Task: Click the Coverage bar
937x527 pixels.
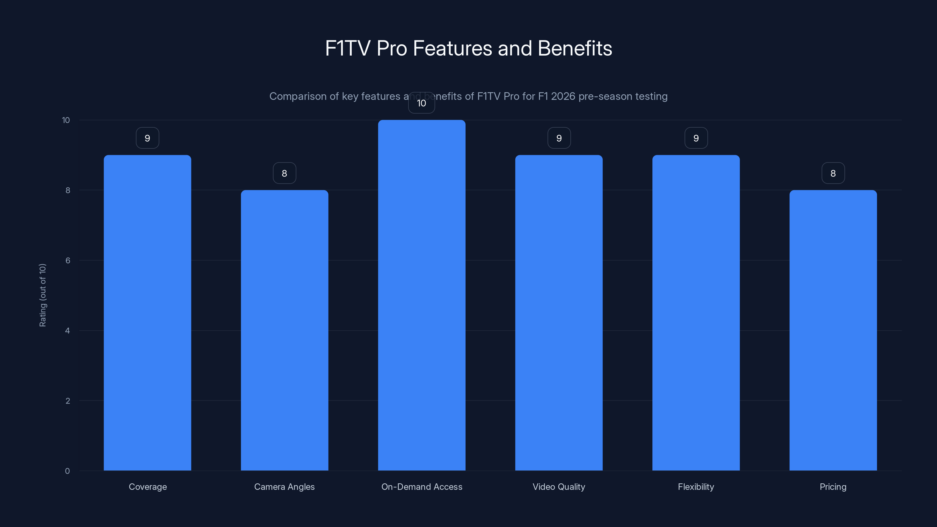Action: pos(147,313)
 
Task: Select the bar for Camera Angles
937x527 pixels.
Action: pos(284,330)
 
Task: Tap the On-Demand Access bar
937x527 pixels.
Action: pos(422,295)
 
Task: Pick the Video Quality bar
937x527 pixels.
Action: pos(559,313)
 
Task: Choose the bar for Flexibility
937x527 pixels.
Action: pos(696,313)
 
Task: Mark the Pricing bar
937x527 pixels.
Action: pos(833,330)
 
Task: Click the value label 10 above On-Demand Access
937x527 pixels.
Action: pos(422,103)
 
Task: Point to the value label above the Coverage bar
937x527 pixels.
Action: pos(147,138)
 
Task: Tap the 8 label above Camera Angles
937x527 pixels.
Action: pos(284,174)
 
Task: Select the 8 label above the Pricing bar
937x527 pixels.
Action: pos(833,174)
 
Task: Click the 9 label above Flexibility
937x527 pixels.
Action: pos(696,138)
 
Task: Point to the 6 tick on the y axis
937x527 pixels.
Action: pos(68,260)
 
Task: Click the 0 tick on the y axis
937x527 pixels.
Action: pos(67,471)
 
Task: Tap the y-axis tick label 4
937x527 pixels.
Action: pos(68,331)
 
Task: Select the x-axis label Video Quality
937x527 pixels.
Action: pos(559,487)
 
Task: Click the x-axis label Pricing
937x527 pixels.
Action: pos(833,487)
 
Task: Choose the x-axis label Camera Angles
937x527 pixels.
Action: pos(284,487)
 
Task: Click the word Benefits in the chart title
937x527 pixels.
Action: pos(575,48)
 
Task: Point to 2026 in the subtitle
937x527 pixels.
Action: pos(563,96)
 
